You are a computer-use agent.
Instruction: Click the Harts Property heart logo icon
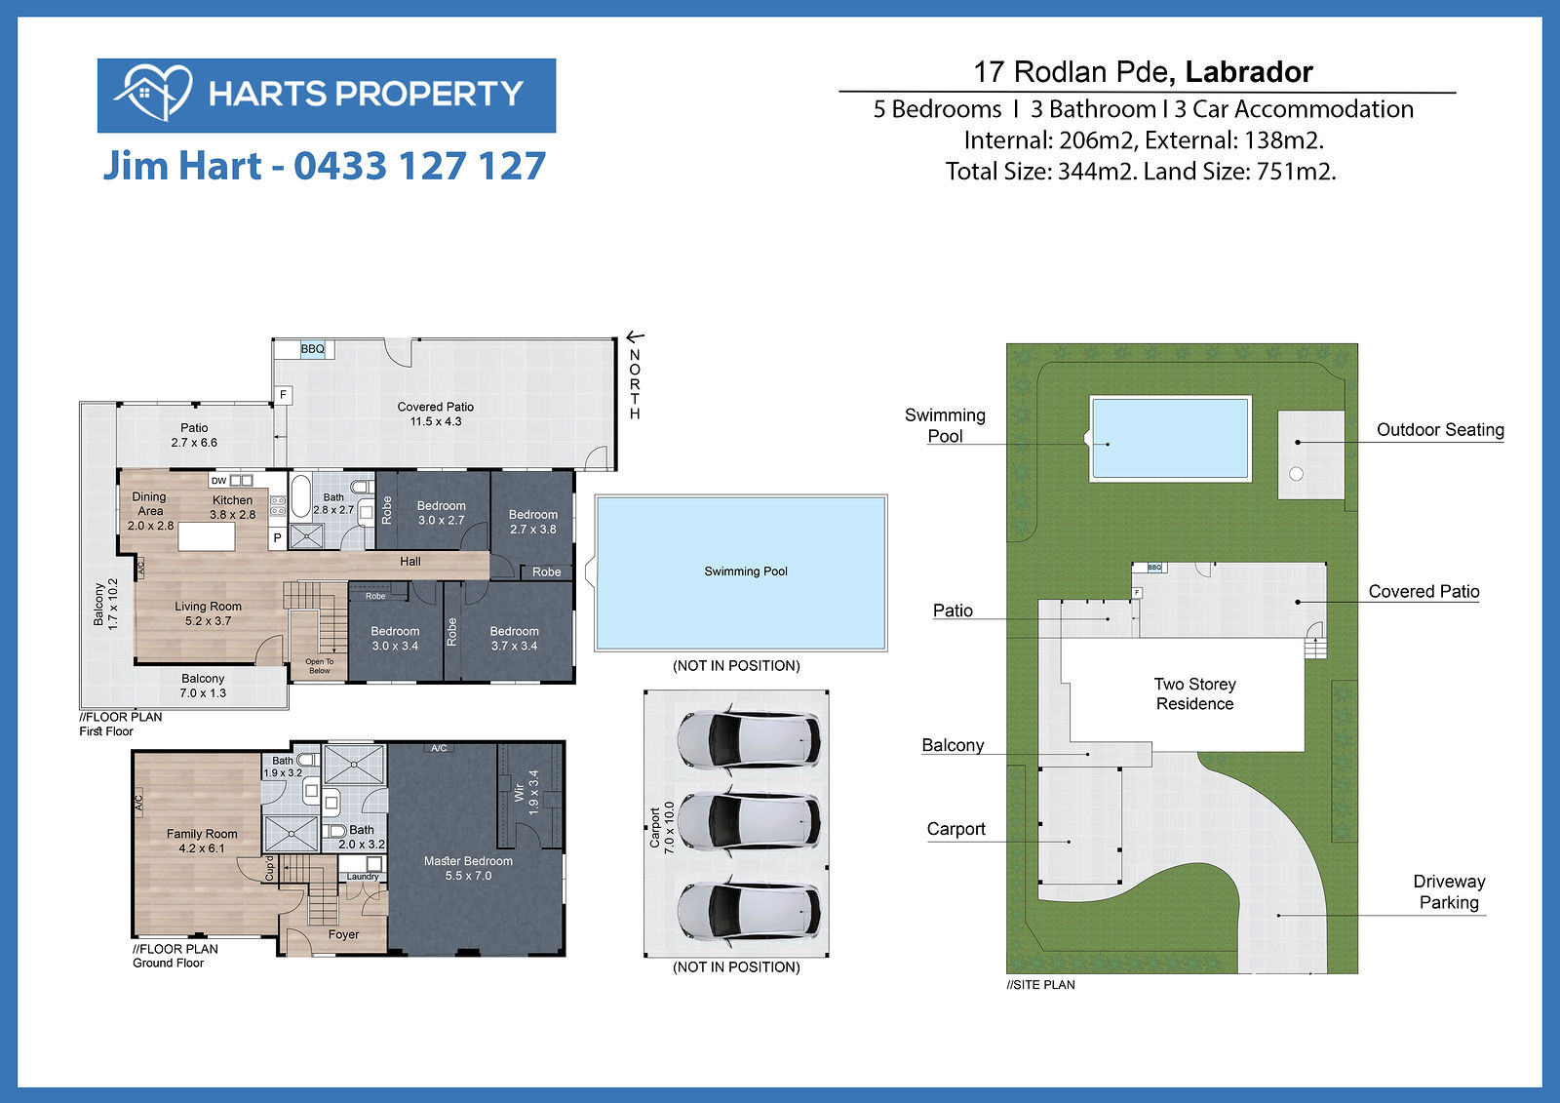click(x=153, y=93)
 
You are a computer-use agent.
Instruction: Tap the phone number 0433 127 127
click(x=420, y=166)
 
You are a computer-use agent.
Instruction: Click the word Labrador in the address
click(x=1249, y=72)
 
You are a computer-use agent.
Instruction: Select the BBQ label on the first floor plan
click(x=313, y=349)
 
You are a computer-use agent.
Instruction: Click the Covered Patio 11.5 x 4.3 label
click(x=435, y=414)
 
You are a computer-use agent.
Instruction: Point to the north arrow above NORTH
click(x=635, y=337)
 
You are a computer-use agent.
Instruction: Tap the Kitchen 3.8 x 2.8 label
click(x=233, y=507)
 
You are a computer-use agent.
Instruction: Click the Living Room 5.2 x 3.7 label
click(x=209, y=613)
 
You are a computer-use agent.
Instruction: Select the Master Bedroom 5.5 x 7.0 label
click(x=468, y=868)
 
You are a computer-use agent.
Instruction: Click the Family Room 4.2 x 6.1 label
click(x=202, y=841)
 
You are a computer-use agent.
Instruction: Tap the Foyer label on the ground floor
click(x=344, y=934)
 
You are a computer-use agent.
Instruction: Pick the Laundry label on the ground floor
click(x=363, y=877)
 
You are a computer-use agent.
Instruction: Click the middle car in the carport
click(x=748, y=823)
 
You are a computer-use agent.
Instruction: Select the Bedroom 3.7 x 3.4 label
click(x=514, y=638)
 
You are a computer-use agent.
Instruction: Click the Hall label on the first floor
click(x=410, y=561)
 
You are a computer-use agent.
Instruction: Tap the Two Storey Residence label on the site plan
click(x=1195, y=694)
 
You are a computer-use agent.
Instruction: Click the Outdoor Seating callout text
click(x=1440, y=430)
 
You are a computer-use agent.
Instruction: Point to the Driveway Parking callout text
click(x=1449, y=892)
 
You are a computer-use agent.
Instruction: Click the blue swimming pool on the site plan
click(x=1170, y=438)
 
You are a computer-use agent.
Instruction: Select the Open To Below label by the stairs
click(x=320, y=666)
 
